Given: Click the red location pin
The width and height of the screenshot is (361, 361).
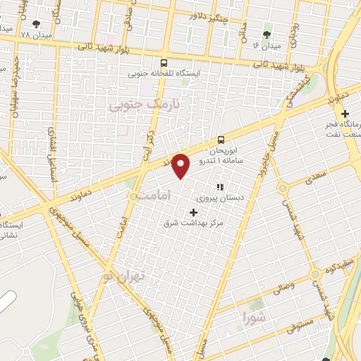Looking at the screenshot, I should tap(181, 165).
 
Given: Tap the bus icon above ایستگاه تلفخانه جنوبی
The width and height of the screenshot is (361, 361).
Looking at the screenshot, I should tap(164, 62).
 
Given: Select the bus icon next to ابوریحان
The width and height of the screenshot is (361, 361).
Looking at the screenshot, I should tap(221, 140).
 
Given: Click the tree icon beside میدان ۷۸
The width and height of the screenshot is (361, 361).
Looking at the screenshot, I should tap(37, 25).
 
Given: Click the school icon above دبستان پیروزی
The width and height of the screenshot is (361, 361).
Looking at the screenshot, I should tap(219, 188).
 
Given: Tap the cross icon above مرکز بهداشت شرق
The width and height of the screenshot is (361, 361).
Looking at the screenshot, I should tap(194, 212).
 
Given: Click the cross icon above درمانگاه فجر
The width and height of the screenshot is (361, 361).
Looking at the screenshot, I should tap(344, 114).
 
